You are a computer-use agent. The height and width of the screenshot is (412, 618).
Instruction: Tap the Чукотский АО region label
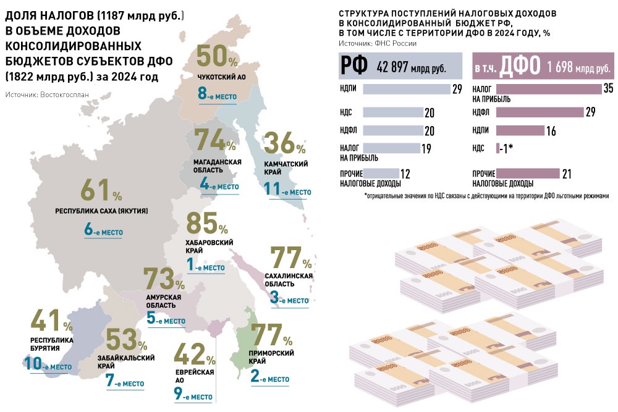click(x=218, y=77)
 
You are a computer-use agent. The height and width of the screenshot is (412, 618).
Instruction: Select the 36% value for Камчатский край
click(x=284, y=146)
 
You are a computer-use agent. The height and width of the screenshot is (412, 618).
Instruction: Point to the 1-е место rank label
click(x=205, y=266)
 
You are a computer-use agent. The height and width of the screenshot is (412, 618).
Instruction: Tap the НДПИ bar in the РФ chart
click(x=406, y=89)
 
